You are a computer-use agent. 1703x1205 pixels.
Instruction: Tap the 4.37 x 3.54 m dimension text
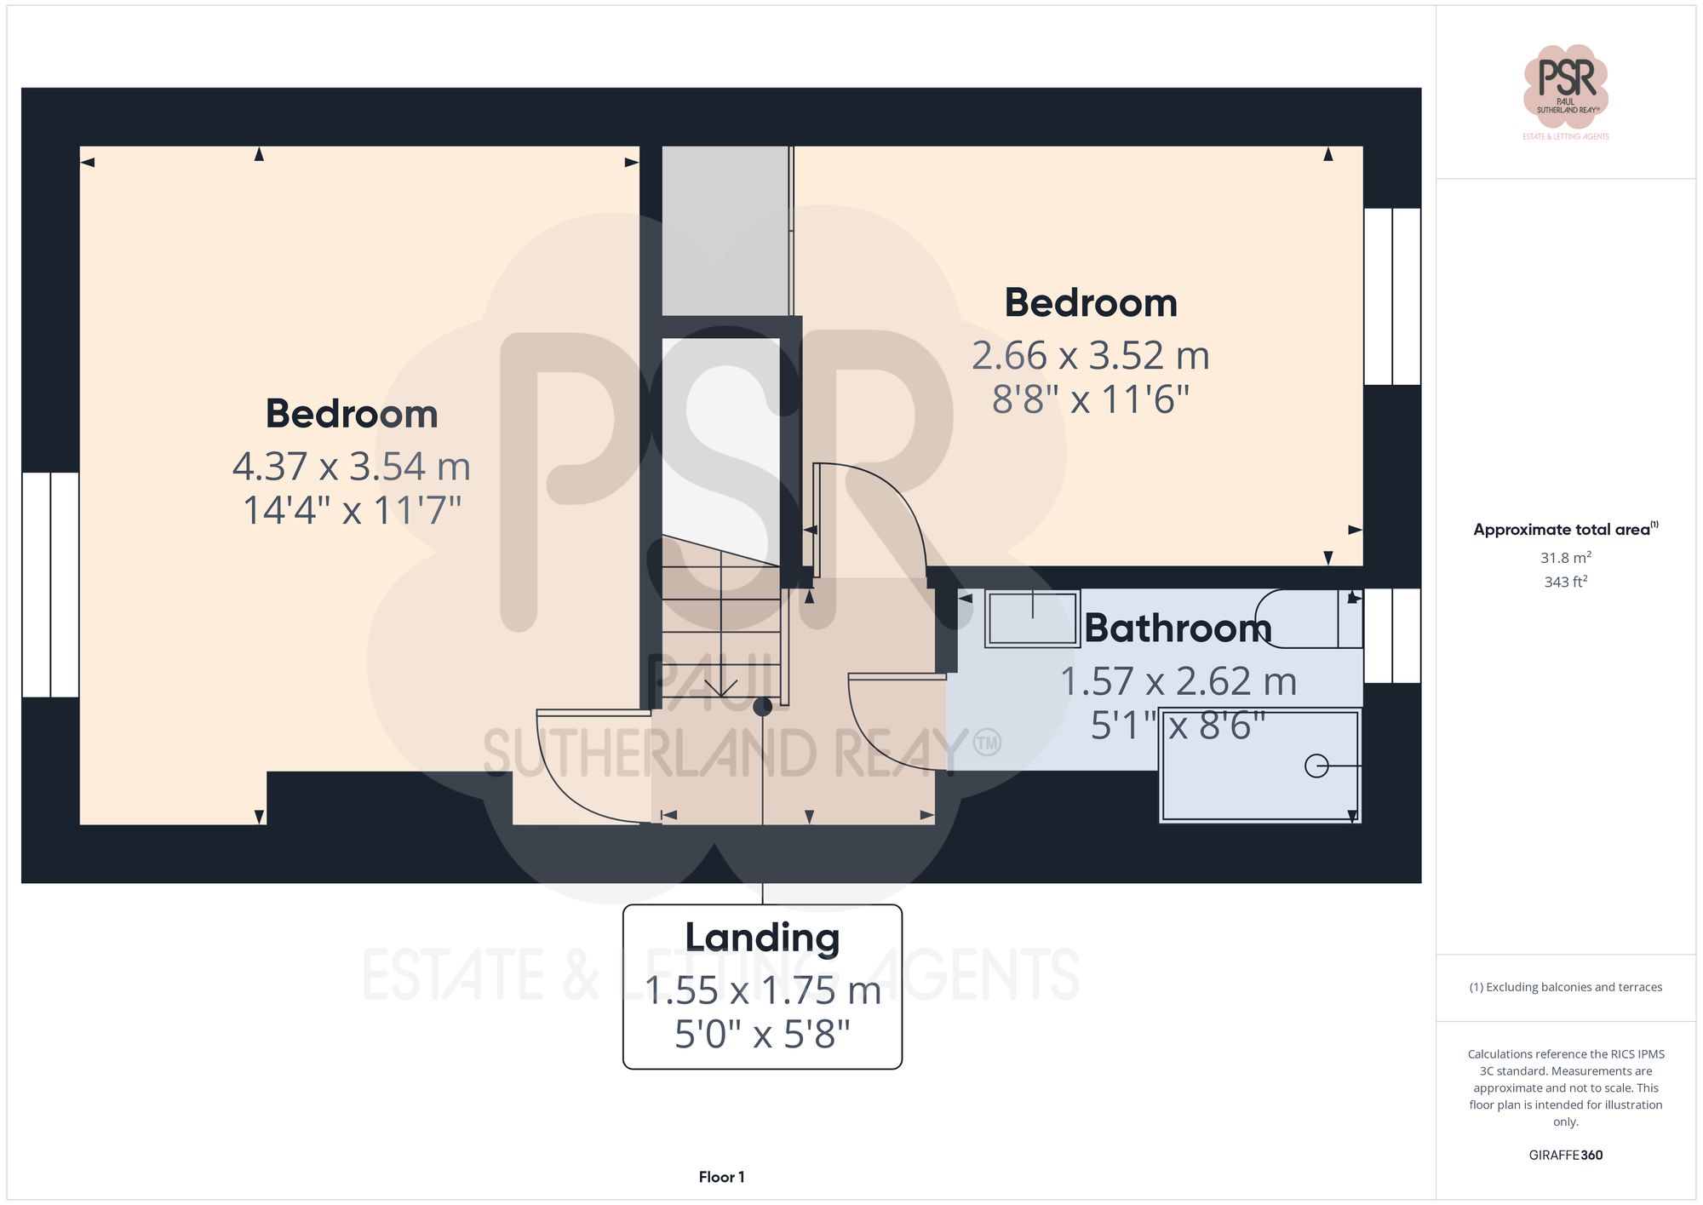tap(351, 467)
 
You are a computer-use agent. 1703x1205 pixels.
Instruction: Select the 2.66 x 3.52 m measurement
tap(1090, 356)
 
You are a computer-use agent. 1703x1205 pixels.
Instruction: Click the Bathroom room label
tap(1178, 628)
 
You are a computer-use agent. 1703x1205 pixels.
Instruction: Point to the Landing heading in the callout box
tap(762, 938)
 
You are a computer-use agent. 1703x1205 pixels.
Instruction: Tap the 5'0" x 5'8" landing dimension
tap(762, 1035)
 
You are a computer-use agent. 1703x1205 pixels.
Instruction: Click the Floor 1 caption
tap(721, 1177)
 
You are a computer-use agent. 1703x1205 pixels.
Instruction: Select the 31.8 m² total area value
tap(1565, 558)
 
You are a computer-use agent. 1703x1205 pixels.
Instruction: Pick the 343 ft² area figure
tap(1565, 582)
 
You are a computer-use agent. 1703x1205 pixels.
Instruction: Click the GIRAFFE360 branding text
tap(1565, 1156)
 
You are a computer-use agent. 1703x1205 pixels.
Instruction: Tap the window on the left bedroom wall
tap(50, 584)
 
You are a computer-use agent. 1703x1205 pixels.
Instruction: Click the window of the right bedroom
tap(1391, 296)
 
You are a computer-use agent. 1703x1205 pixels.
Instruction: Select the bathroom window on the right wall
tap(1391, 635)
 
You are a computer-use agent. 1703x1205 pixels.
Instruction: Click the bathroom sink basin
tap(1032, 618)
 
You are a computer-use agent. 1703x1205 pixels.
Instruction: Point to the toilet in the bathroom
tap(1307, 618)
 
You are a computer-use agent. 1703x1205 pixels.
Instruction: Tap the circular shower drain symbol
tap(1316, 766)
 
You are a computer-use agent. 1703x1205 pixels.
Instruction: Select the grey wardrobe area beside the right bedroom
tap(725, 230)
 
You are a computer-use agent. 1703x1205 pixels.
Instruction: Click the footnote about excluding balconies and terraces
tap(1565, 987)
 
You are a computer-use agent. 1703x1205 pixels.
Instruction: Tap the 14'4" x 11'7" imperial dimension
tap(351, 511)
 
